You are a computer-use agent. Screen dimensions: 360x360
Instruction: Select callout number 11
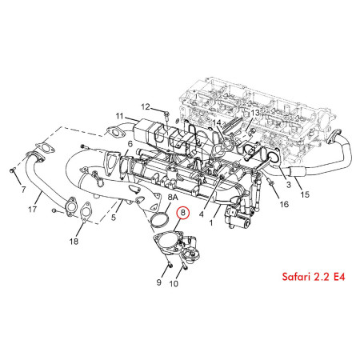[119, 117]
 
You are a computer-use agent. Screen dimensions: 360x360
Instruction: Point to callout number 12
[146, 106]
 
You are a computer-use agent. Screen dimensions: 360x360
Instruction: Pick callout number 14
[217, 122]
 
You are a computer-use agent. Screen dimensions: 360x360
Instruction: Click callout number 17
[33, 210]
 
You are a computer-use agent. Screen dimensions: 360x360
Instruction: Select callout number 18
[74, 241]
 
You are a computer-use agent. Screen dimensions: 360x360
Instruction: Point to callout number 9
[158, 282]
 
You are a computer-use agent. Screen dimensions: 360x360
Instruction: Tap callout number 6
[130, 143]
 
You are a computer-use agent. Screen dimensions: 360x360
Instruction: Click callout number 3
[287, 185]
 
